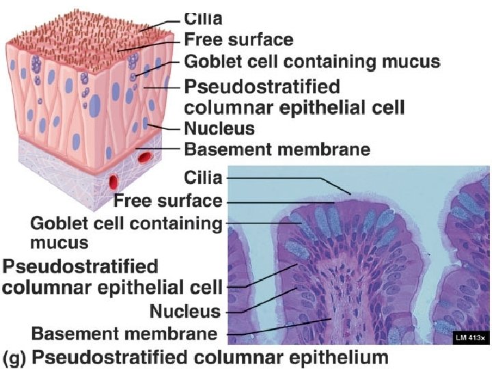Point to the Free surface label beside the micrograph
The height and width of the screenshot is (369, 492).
point(167,201)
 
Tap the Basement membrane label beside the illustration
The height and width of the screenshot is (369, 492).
point(277,149)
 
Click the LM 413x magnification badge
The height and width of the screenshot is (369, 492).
point(471,337)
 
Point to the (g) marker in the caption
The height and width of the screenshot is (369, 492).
point(14,356)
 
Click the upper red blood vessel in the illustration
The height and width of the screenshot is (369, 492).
point(144,158)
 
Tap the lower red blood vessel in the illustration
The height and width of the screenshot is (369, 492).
point(113,182)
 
